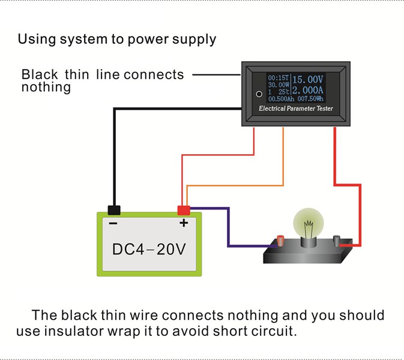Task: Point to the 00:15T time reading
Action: (x=279, y=78)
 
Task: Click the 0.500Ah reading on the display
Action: (x=280, y=99)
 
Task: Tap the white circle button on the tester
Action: (x=259, y=94)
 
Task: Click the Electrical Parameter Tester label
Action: (x=295, y=109)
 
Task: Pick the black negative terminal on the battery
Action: (x=113, y=210)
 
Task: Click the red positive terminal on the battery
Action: (x=183, y=210)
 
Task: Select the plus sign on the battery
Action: (x=184, y=223)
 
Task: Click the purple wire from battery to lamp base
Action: (x=228, y=228)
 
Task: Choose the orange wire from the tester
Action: (x=283, y=162)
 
